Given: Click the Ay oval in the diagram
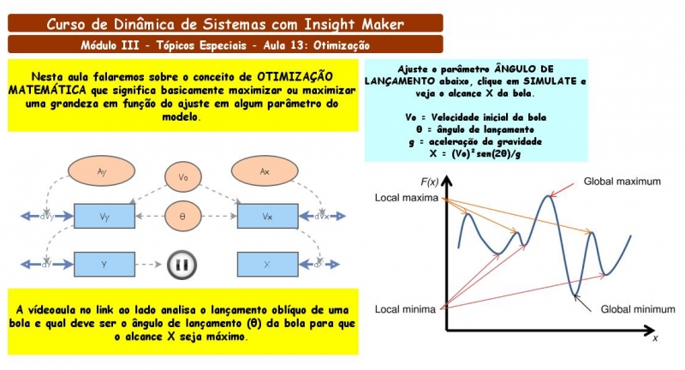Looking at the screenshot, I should (101, 172).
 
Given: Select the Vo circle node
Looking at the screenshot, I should (182, 177).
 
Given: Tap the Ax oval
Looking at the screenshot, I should (265, 172).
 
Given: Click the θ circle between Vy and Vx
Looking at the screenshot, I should (182, 217).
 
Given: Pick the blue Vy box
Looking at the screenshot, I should (104, 217).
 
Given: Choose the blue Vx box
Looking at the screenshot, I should (267, 217).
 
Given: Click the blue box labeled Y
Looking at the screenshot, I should (104, 265).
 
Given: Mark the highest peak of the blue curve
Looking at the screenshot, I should (546, 197).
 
